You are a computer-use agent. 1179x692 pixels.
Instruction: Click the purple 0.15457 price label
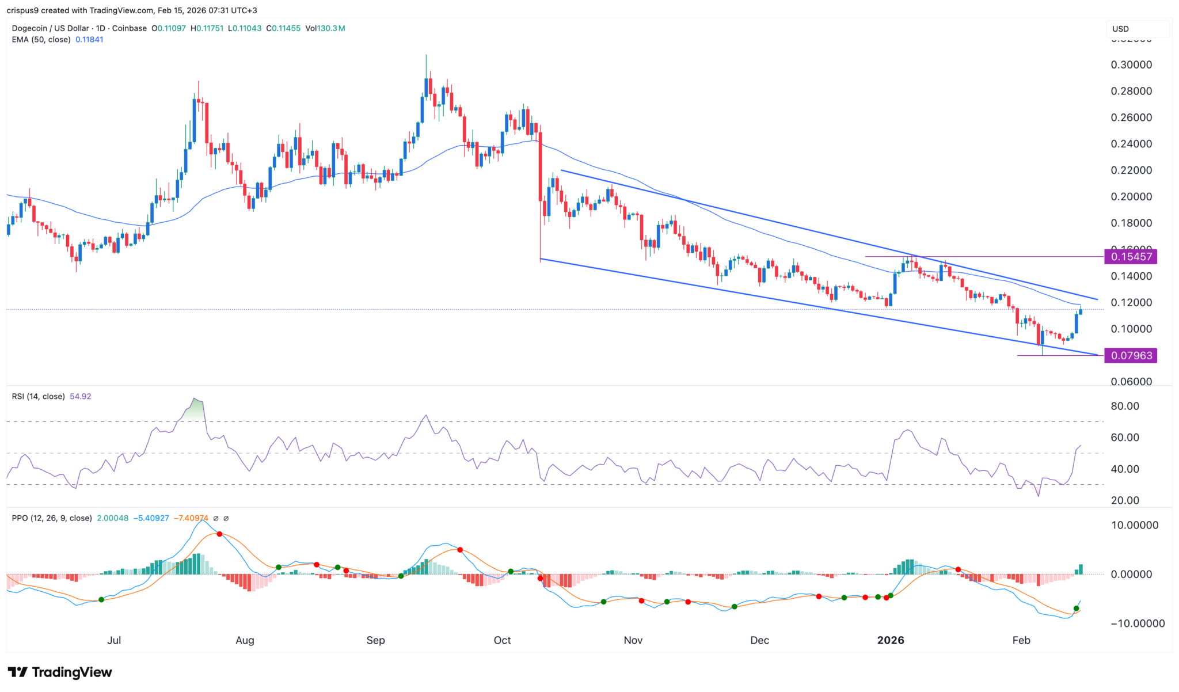pyautogui.click(x=1131, y=257)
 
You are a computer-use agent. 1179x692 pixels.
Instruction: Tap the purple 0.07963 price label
pyautogui.click(x=1131, y=356)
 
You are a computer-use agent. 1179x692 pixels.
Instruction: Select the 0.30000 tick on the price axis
pyautogui.click(x=1131, y=65)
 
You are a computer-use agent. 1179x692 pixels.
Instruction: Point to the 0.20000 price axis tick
pyautogui.click(x=1131, y=197)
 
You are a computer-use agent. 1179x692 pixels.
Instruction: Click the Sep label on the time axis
pyautogui.click(x=375, y=640)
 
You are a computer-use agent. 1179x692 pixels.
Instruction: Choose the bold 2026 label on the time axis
pyautogui.click(x=890, y=640)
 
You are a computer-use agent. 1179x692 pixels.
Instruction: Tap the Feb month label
pyautogui.click(x=1021, y=640)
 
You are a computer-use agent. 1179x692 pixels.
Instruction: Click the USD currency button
pyautogui.click(x=1120, y=29)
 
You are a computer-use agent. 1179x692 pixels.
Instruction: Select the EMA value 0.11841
pyautogui.click(x=89, y=40)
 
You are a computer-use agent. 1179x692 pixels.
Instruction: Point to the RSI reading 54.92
pyautogui.click(x=80, y=397)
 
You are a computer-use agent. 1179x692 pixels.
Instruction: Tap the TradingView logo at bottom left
pyautogui.click(x=60, y=672)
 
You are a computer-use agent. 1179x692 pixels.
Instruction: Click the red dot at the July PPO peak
pyautogui.click(x=219, y=534)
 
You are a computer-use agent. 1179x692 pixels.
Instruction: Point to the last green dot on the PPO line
pyautogui.click(x=1076, y=609)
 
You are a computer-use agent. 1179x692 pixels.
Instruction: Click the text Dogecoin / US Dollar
pyautogui.click(x=50, y=28)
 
